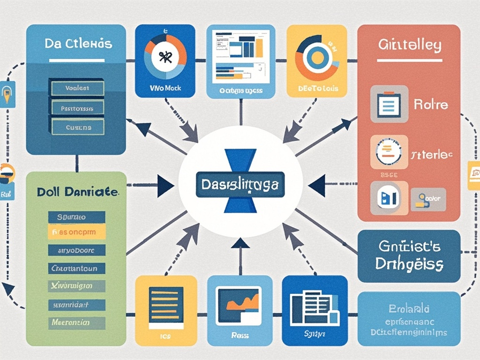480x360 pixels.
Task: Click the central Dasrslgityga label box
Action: pyautogui.click(x=240, y=185)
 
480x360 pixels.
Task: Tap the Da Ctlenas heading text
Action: pyautogui.click(x=78, y=44)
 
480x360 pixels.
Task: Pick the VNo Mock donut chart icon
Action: pyautogui.click(x=165, y=56)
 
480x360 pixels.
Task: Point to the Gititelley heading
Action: pyautogui.click(x=409, y=45)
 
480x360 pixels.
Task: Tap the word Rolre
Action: pyautogui.click(x=430, y=104)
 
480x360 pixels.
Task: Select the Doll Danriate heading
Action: pyautogui.click(x=78, y=192)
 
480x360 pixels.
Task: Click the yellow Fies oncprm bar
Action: pyautogui.click(x=77, y=231)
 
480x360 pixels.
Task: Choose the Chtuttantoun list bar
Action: pyautogui.click(x=77, y=269)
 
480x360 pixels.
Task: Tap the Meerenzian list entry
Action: pyautogui.click(x=76, y=322)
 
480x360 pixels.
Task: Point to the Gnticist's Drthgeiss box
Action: pyautogui.click(x=409, y=255)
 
